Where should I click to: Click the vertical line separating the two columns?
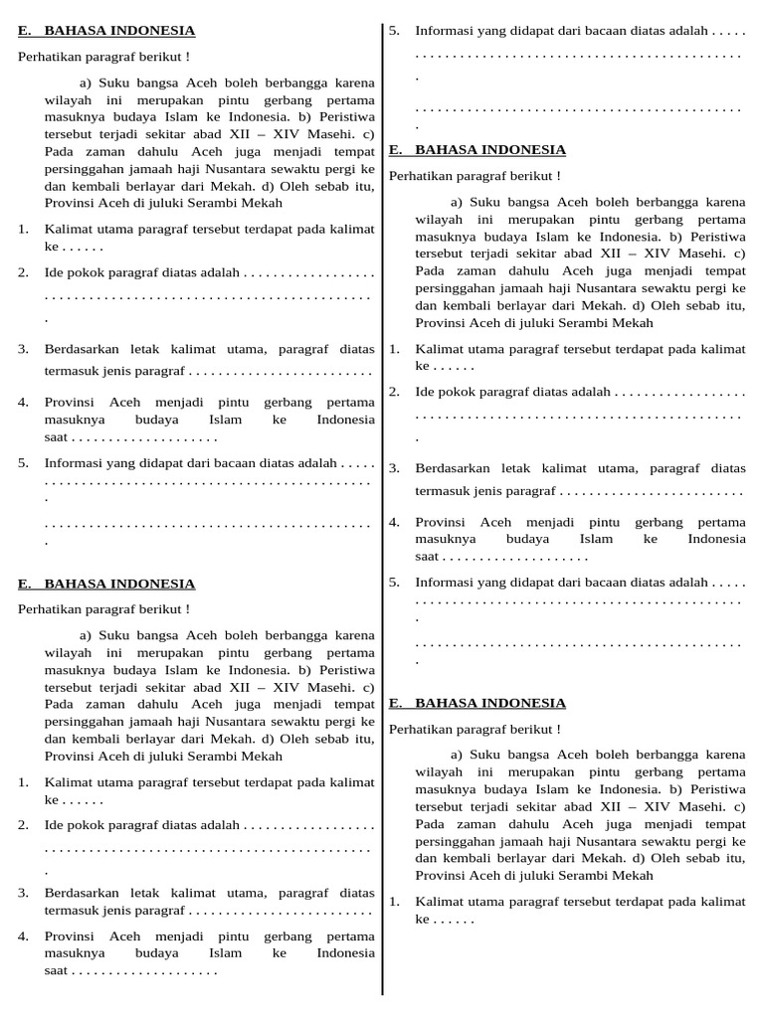(x=383, y=497)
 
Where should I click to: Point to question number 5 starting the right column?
(x=394, y=31)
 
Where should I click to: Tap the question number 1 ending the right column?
(x=394, y=902)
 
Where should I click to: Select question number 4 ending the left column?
(x=23, y=935)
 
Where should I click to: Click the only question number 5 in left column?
(x=23, y=462)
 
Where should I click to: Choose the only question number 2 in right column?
(x=394, y=392)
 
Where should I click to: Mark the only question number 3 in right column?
(x=394, y=467)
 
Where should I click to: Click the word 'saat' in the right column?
(x=427, y=557)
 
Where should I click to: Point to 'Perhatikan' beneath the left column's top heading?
(x=48, y=56)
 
